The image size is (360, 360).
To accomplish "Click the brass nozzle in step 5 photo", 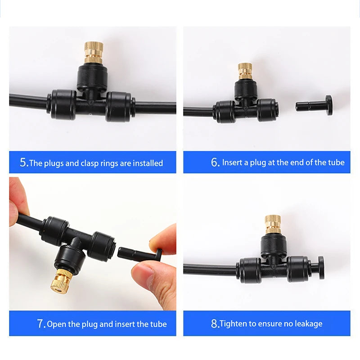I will (94, 52).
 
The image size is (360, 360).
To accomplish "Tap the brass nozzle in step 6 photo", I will (245, 71).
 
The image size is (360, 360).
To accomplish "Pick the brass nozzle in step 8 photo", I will (273, 224).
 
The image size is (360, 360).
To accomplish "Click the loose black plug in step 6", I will (315, 105).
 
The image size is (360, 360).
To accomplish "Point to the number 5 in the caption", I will (23, 162).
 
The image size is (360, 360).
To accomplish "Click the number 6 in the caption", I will (215, 162).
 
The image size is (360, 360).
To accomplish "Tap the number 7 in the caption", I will (40, 324).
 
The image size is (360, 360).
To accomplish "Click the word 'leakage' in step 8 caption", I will (308, 324).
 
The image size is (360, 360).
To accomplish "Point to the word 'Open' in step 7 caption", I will (57, 324).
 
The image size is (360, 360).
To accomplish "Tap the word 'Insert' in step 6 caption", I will (232, 162).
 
